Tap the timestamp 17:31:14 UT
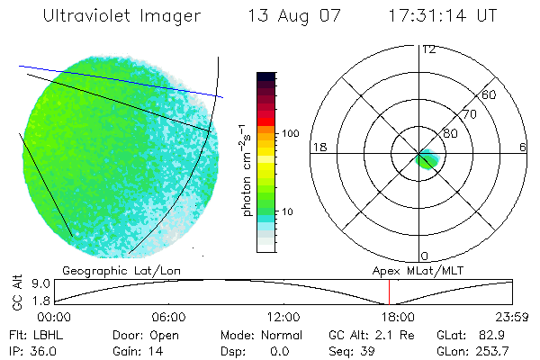pos(441,17)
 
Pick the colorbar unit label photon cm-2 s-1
pos(245,169)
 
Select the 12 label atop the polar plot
pos(428,49)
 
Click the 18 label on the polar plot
pos(318,147)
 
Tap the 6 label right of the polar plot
pos(523,147)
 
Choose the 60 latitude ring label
pos(490,94)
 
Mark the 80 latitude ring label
pos(451,133)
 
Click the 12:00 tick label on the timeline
pos(283,317)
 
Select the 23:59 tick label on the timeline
pos(513,317)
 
